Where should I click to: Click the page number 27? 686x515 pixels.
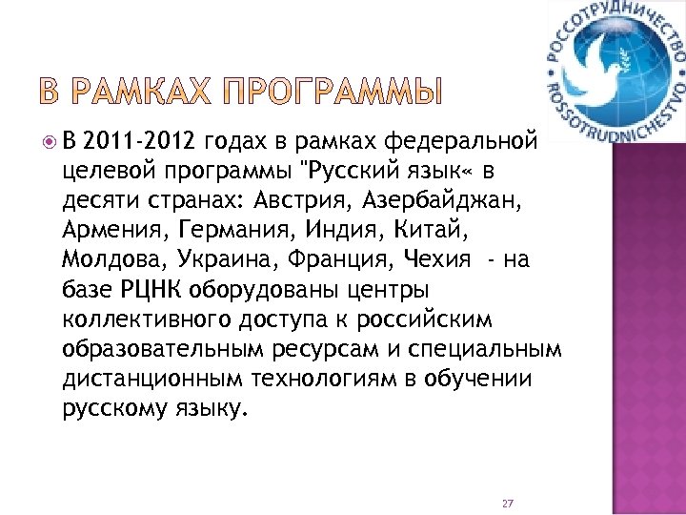pos(507,503)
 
